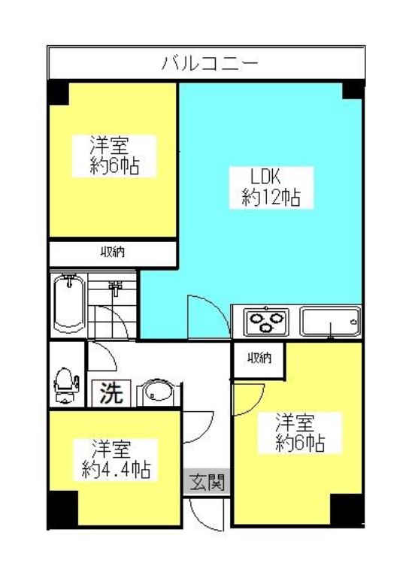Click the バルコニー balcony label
point(209,63)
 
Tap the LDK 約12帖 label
point(271,187)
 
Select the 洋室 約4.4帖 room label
point(115,459)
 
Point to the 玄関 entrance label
point(207,482)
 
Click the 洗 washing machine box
point(111,393)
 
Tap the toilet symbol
point(65,386)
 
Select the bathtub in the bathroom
point(68,304)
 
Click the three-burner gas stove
point(266,322)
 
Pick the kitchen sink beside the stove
point(330,322)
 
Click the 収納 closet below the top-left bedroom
point(113,253)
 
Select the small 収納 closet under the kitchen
point(259,359)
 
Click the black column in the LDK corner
point(353,90)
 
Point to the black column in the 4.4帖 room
point(63,509)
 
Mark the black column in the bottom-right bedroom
point(347,509)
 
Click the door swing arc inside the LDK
point(214,308)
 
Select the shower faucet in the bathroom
point(115,289)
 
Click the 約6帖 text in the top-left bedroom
point(115,167)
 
